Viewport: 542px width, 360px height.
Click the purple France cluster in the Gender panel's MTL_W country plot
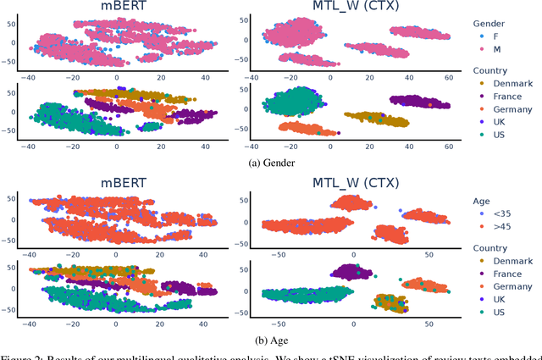pyautogui.click(x=419, y=102)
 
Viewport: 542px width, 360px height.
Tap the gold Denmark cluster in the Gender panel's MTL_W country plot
pyautogui.click(x=377, y=119)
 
